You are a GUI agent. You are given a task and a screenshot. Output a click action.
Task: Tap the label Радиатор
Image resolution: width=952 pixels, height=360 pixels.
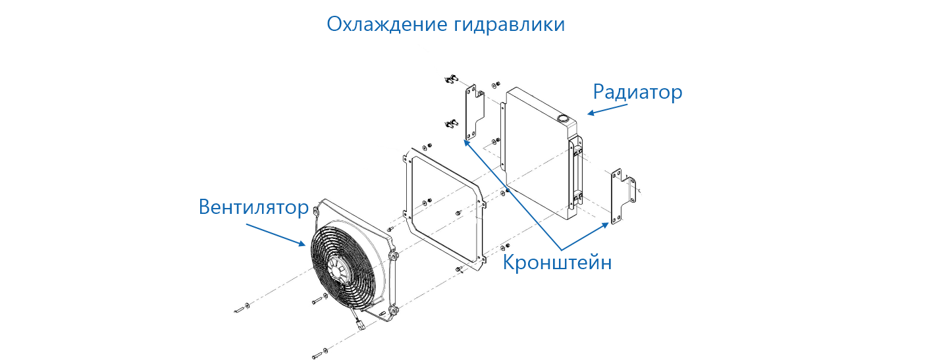pos(637,92)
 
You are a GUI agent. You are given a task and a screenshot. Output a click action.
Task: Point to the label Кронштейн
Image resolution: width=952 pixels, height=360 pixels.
pos(558,263)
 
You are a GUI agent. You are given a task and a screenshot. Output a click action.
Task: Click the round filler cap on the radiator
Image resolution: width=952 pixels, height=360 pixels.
pos(564,118)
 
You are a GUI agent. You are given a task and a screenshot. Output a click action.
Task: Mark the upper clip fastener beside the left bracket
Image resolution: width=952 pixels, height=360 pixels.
pos(450,81)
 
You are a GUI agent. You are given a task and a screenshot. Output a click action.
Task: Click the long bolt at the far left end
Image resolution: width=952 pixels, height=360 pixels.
pos(239,307)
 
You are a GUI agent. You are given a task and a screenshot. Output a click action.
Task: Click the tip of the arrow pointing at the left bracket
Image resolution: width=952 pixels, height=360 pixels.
pos(464,140)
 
